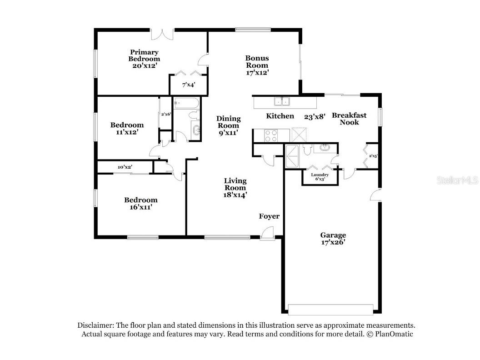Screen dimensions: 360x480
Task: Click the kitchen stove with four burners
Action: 271,135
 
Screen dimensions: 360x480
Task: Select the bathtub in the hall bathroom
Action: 186,104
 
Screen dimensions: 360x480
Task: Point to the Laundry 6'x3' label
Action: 320,177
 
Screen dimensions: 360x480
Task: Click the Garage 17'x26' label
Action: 333,239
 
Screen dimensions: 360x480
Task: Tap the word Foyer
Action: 269,216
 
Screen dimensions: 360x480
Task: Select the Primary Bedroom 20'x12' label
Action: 144,59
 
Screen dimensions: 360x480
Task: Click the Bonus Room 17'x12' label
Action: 257,65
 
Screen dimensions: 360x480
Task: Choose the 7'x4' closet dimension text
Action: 188,85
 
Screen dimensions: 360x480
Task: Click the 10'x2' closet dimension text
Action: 125,167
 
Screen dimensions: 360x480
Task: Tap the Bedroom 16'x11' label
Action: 141,203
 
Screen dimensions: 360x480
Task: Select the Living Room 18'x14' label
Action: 235,188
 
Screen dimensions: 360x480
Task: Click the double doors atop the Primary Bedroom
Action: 162,34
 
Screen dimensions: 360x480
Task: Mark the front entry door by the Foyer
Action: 267,234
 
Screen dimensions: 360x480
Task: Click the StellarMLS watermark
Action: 457,180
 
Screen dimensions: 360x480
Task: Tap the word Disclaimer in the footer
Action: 96,325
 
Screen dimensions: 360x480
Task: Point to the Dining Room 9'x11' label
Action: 228,125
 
